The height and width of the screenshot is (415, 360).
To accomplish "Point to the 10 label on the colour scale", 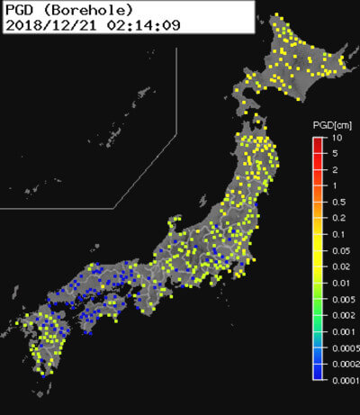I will (335, 138).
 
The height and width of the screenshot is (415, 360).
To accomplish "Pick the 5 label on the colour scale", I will (333, 154).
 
